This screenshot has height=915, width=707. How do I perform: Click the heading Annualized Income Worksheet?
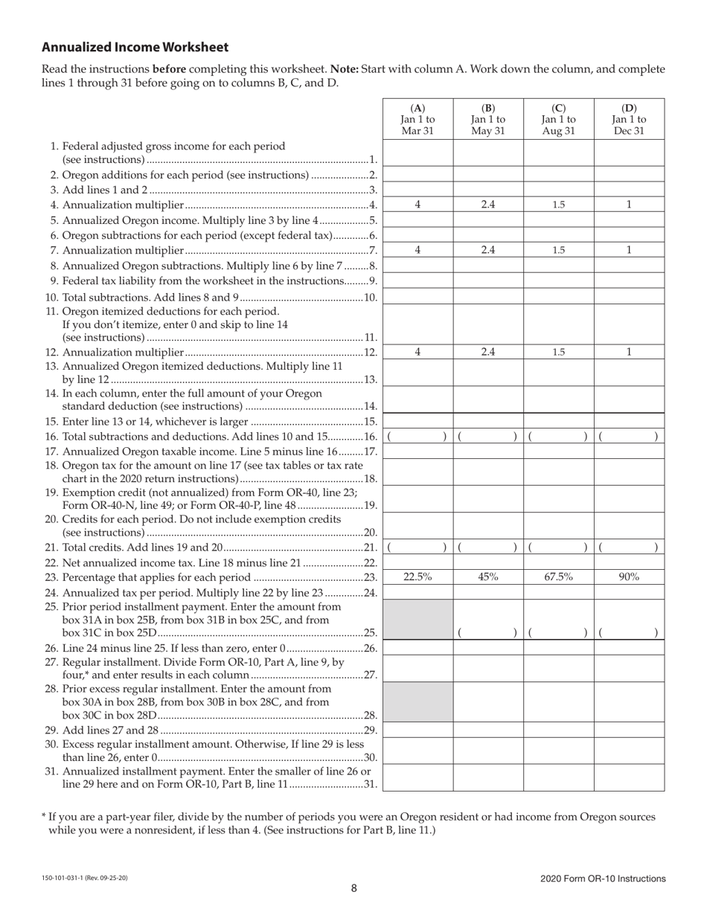click(x=135, y=48)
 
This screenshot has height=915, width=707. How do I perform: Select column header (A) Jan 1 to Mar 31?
click(x=418, y=119)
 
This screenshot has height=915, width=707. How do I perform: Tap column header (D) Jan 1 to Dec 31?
click(x=629, y=119)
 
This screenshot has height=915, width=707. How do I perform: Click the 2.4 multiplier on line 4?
click(x=487, y=205)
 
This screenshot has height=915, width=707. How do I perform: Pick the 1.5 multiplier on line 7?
click(x=558, y=251)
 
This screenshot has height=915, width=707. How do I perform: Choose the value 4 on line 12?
click(x=418, y=352)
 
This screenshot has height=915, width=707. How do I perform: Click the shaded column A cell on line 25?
click(x=418, y=620)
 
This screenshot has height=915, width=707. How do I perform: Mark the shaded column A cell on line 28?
click(x=418, y=702)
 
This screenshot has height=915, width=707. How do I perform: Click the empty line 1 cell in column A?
click(x=418, y=153)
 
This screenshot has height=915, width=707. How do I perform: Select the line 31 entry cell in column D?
click(x=629, y=777)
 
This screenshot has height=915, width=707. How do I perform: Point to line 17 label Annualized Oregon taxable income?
click(x=211, y=452)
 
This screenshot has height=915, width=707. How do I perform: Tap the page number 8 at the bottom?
click(x=354, y=888)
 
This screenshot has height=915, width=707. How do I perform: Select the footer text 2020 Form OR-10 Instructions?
click(x=603, y=879)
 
